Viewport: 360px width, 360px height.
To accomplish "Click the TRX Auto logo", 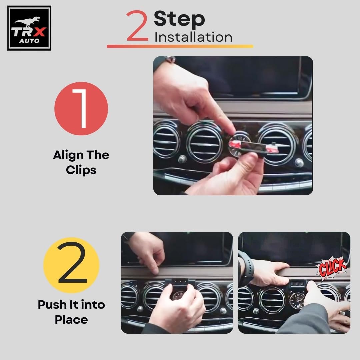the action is (x=29, y=28).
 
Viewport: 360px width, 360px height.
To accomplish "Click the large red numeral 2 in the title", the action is (x=137, y=26).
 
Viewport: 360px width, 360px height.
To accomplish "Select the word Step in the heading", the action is (x=179, y=20).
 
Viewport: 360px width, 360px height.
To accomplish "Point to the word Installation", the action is (x=193, y=37).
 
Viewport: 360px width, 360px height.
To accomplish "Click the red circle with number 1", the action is (x=81, y=109).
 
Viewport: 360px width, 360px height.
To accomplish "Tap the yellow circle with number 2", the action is (x=71, y=265).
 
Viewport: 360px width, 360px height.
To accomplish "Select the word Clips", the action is (x=81, y=170).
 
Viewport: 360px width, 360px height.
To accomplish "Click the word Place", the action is (x=71, y=320).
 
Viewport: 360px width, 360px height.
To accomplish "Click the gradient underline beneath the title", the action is (x=180, y=46).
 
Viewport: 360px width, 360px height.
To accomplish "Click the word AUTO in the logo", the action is (x=29, y=41).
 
